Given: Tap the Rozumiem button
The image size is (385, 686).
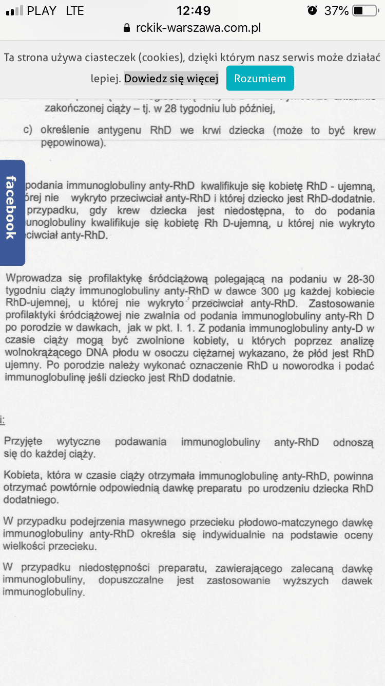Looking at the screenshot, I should pyautogui.click(x=260, y=79).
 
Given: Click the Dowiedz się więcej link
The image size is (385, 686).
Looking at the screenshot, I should pyautogui.click(x=171, y=79).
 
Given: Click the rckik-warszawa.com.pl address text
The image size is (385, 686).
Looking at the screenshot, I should pyautogui.click(x=199, y=28).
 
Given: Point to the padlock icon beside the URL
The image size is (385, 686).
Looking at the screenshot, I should pyautogui.click(x=127, y=28).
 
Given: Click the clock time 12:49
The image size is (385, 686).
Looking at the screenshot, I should pyautogui.click(x=193, y=10).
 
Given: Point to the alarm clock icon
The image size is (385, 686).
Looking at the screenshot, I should pyautogui.click(x=312, y=10).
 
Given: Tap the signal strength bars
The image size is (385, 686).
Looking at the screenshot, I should pyautogui.click(x=14, y=11).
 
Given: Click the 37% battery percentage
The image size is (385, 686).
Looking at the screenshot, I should pyautogui.click(x=336, y=10).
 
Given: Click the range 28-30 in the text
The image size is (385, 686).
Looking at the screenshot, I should pyautogui.click(x=359, y=279).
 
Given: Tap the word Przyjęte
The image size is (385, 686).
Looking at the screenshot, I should pyautogui.click(x=23, y=442).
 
